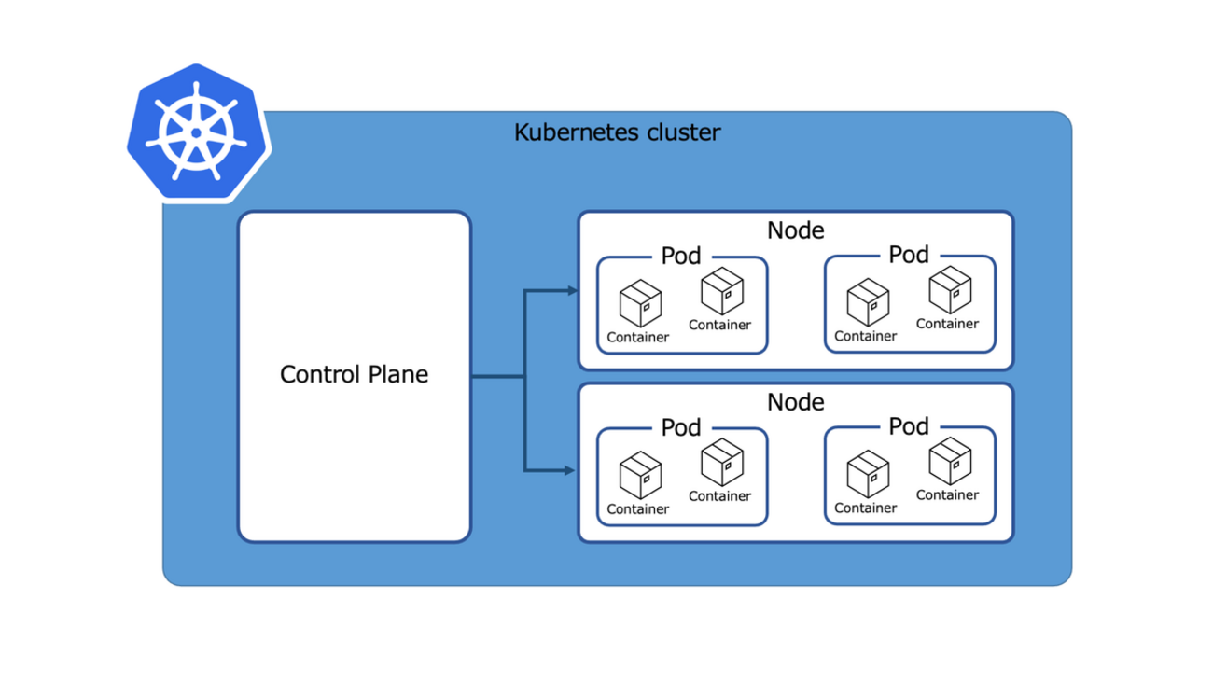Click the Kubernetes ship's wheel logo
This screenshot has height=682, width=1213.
coord(198,132)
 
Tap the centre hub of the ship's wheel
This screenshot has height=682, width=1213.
coord(197,133)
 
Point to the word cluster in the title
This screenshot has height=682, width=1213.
coord(685,132)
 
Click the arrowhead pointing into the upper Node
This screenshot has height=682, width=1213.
coord(571,291)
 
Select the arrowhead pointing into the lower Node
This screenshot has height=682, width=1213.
coord(571,469)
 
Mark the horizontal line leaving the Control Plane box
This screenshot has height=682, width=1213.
coord(496,378)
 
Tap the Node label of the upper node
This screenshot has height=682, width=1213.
coord(795,230)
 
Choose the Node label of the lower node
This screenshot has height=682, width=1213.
coord(795,402)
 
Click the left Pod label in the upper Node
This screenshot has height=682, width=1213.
coord(681,256)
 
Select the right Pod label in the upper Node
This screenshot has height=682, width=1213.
coord(909,255)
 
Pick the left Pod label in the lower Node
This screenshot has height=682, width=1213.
coord(681,427)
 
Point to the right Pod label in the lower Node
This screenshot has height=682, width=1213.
coord(909,427)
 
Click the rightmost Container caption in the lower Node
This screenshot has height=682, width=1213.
coord(947,495)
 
